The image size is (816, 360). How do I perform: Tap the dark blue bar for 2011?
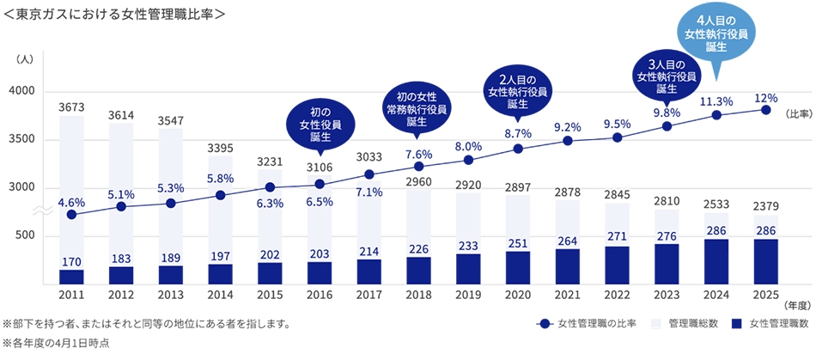point(71,276)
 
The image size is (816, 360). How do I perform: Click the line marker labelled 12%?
point(765,110)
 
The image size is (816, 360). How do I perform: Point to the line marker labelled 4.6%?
point(71,214)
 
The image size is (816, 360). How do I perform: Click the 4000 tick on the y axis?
point(22,91)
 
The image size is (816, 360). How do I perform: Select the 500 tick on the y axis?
point(26,235)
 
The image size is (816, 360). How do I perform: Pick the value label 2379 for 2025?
point(765,205)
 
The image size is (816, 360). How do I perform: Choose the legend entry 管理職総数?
point(687,324)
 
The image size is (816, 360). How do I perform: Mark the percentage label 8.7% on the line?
point(518,133)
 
